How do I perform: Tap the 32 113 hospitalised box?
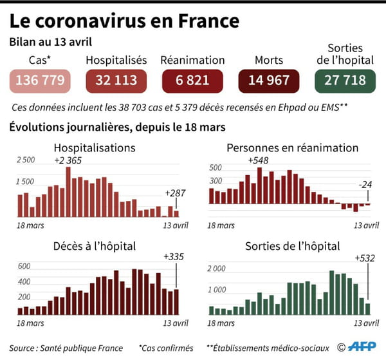tap(116, 80)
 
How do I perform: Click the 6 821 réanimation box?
tap(193, 80)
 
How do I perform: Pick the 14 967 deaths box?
tap(270, 80)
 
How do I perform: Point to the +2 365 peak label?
tap(68, 160)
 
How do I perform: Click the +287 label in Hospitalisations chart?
tap(174, 193)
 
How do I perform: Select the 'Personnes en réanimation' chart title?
tap(293, 147)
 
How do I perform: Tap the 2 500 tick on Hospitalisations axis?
tap(26, 160)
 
